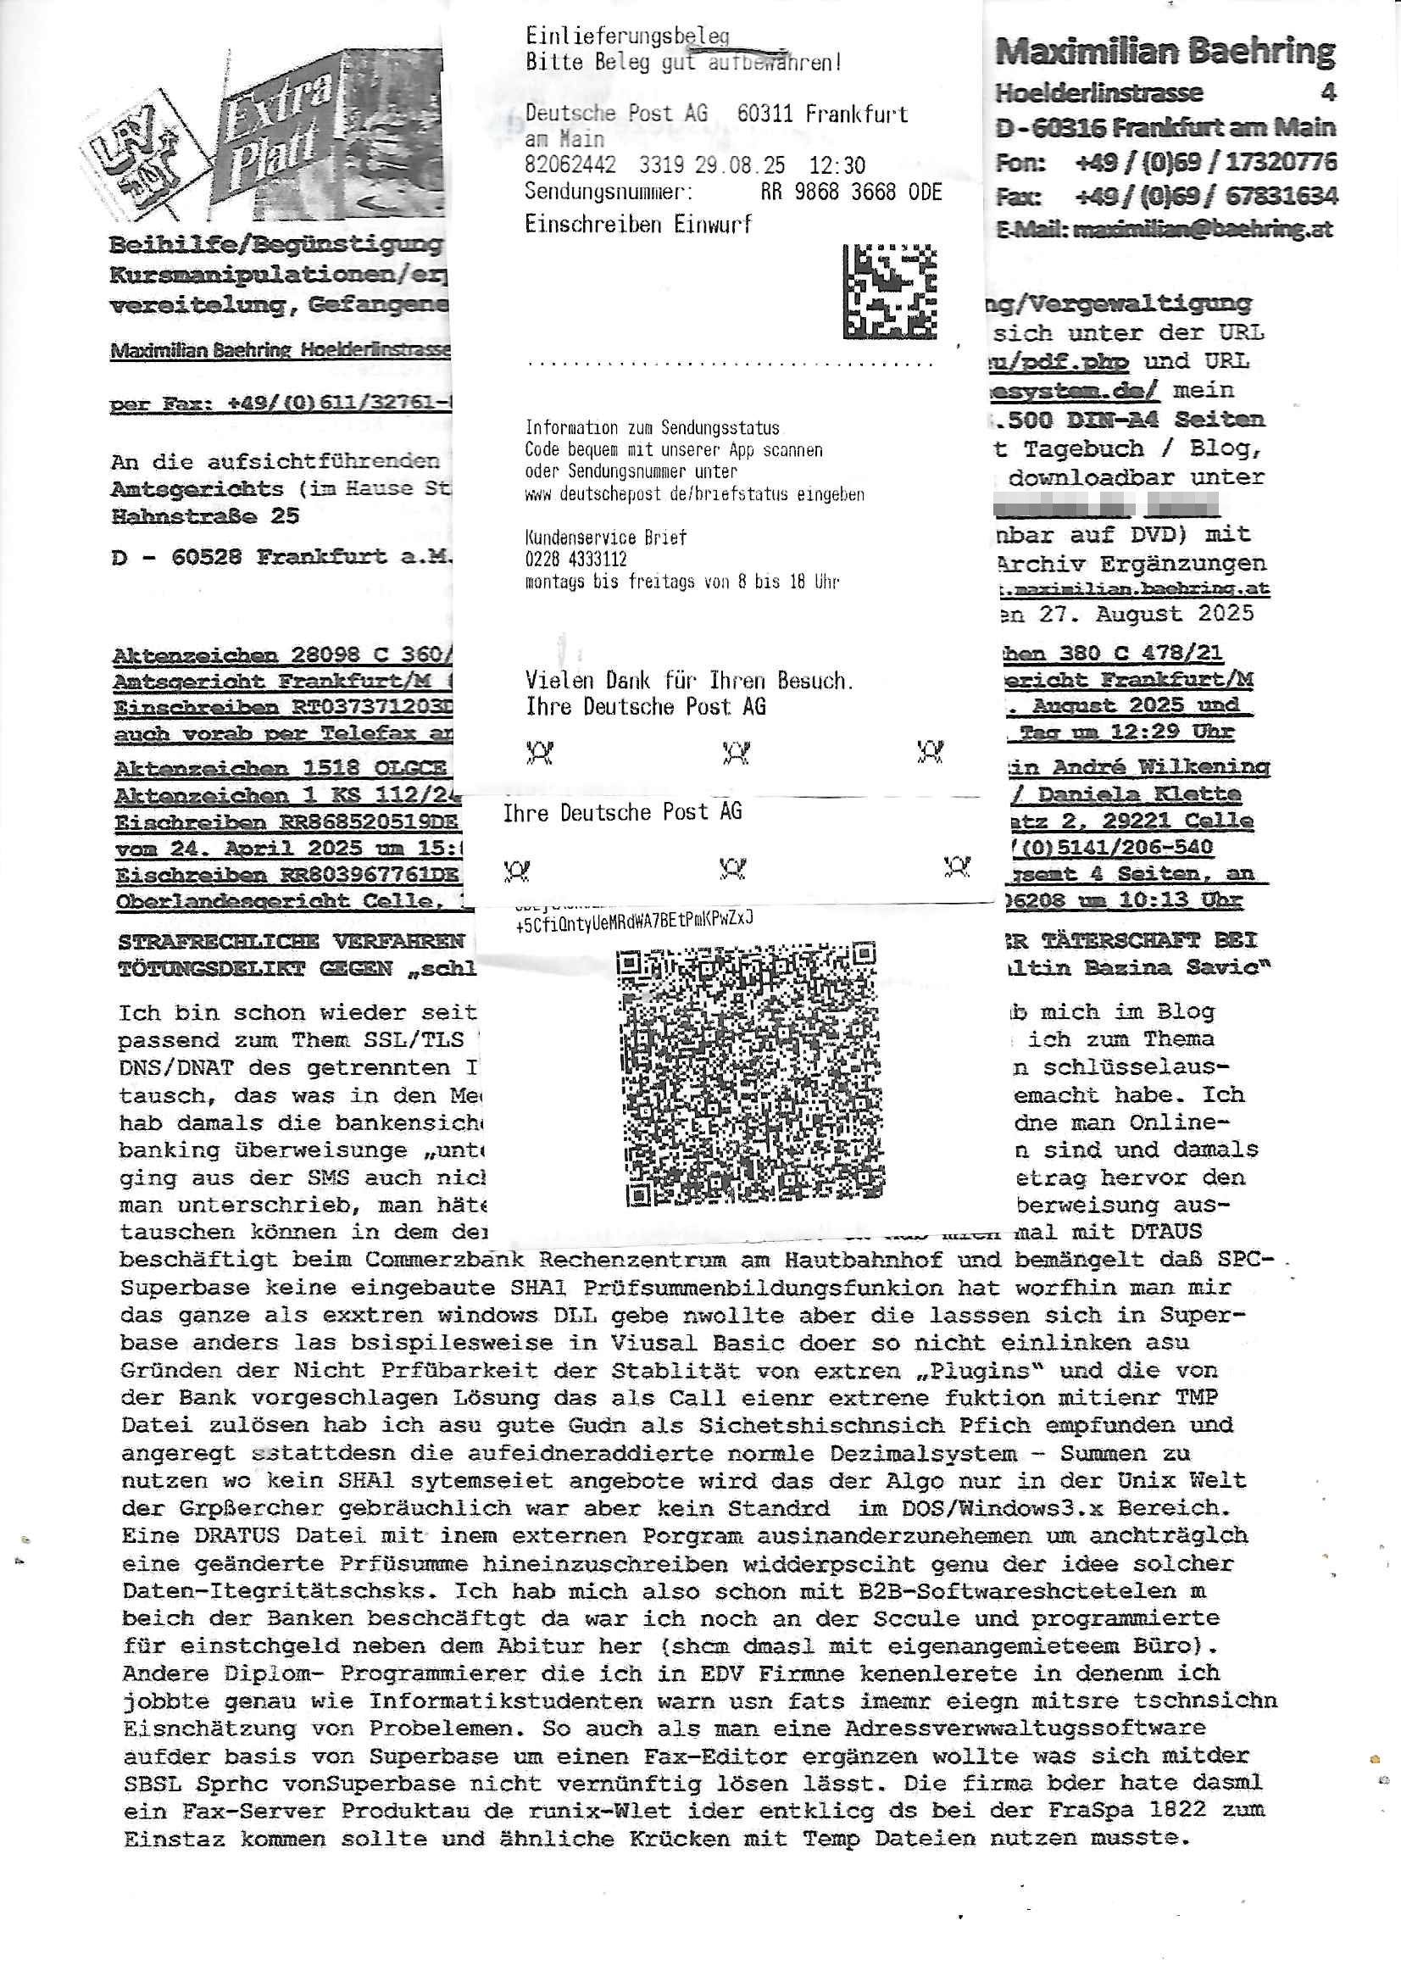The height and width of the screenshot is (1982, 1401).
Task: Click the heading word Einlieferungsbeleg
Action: tap(626, 36)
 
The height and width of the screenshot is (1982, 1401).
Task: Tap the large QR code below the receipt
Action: tap(749, 1074)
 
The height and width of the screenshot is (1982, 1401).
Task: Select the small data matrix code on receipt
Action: tap(889, 292)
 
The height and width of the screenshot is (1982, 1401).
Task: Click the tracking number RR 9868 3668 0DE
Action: tap(850, 192)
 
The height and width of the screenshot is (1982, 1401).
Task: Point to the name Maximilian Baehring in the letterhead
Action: tap(1165, 52)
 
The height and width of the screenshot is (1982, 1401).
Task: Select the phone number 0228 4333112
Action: tap(575, 560)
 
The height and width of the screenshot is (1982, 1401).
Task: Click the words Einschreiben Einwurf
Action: tap(638, 225)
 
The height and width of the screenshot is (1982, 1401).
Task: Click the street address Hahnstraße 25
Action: tap(205, 517)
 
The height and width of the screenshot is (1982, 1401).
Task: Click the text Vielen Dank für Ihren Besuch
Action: tap(689, 680)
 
